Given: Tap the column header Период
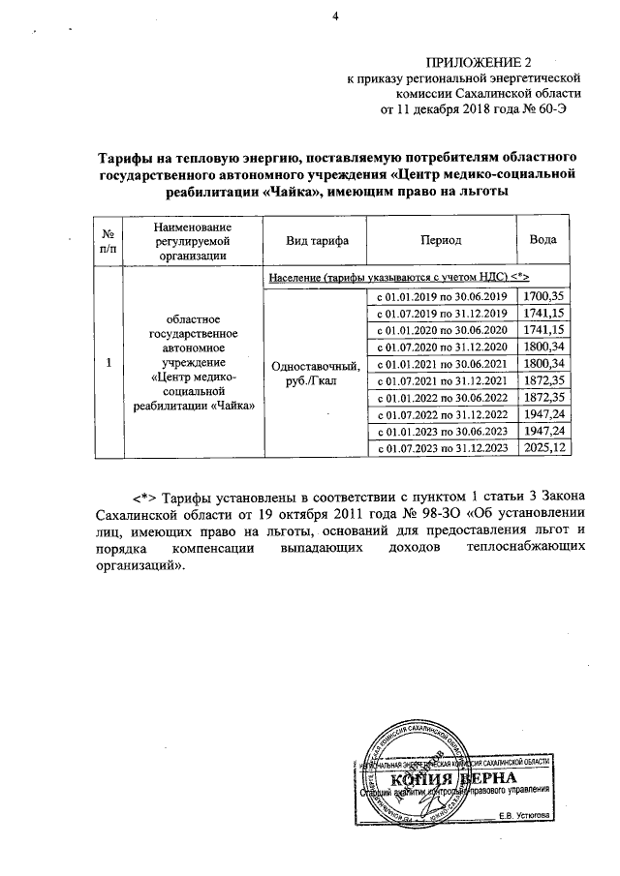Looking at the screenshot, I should pos(440,241).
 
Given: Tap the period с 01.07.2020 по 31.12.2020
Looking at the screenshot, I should pos(441,347).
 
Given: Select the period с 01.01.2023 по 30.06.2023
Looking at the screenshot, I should pos(441,431).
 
